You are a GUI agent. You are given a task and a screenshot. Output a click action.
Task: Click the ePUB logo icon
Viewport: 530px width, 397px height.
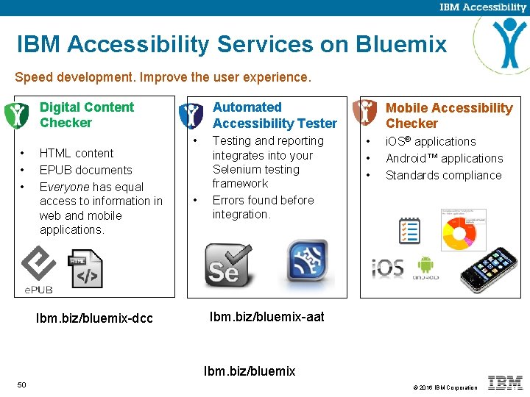point(37,269)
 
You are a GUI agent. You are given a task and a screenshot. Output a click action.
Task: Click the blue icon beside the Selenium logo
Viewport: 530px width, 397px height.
point(306,262)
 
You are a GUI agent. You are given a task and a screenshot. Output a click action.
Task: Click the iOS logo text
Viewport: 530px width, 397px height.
point(387,267)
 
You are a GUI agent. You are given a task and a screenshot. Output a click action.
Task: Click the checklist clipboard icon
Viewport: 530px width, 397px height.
point(409,230)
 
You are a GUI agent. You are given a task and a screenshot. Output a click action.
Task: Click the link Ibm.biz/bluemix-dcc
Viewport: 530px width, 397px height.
point(94,318)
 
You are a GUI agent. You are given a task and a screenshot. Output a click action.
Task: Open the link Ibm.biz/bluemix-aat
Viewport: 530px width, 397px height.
point(266,317)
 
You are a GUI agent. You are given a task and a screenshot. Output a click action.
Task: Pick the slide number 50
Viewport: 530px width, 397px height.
point(21,385)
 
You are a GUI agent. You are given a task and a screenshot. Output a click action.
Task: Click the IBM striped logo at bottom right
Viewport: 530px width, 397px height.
point(506,383)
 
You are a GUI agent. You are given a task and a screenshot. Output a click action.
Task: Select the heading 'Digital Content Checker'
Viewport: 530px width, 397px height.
point(87,115)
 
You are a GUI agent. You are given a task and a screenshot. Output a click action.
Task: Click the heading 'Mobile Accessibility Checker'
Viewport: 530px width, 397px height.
point(448,115)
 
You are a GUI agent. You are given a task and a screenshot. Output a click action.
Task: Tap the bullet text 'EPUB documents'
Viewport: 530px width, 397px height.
point(85,170)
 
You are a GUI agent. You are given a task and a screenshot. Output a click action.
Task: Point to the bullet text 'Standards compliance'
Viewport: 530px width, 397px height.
point(443,175)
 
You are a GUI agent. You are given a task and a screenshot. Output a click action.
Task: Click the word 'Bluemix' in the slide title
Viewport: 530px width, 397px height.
point(401,45)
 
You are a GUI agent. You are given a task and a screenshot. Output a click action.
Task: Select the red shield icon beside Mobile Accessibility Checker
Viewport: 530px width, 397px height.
point(365,112)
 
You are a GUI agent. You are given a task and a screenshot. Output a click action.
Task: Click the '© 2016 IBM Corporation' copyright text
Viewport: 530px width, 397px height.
point(445,387)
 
